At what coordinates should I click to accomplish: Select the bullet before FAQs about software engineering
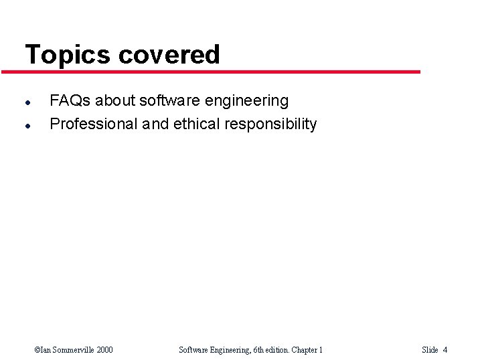point(27,102)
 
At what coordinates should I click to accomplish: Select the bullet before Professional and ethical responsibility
point(27,125)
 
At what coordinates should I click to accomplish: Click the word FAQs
point(70,101)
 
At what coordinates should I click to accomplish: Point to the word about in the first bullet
point(115,101)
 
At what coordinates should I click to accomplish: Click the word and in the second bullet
point(155,124)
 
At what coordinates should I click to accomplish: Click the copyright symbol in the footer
point(37,350)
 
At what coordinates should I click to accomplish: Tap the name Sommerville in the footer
point(70,350)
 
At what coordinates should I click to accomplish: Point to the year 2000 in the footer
point(104,350)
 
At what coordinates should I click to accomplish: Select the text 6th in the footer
point(260,350)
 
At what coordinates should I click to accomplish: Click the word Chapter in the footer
point(303,350)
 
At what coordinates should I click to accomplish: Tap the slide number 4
point(445,350)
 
